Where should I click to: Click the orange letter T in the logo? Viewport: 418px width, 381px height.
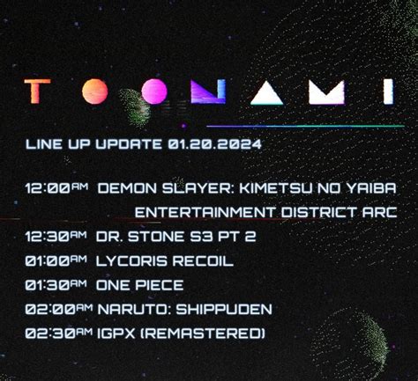pos(38,92)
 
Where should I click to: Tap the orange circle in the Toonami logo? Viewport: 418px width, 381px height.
pos(94,92)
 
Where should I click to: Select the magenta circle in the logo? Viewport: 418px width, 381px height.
pos(154,92)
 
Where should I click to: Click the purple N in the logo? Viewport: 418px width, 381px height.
pos(208,92)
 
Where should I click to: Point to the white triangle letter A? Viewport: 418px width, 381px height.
pos(266,92)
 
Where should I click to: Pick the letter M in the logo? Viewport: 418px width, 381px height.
pos(327,92)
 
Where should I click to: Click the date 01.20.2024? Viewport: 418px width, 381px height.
pos(214,144)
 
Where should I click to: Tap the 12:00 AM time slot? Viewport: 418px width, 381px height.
pos(56,188)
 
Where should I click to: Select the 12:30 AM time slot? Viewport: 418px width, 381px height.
pos(56,237)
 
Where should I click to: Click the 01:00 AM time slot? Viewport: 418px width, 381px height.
pos(56,260)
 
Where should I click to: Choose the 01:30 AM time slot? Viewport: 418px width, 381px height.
pos(56,285)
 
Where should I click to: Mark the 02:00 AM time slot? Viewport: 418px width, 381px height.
pos(59,310)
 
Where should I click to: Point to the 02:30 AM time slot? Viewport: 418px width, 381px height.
pos(59,333)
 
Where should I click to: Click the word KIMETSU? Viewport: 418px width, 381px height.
pos(276,188)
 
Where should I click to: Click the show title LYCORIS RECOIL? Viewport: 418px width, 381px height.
pos(165,260)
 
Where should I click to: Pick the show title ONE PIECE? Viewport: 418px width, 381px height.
pos(140,285)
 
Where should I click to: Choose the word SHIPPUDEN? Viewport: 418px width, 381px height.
pos(224,310)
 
